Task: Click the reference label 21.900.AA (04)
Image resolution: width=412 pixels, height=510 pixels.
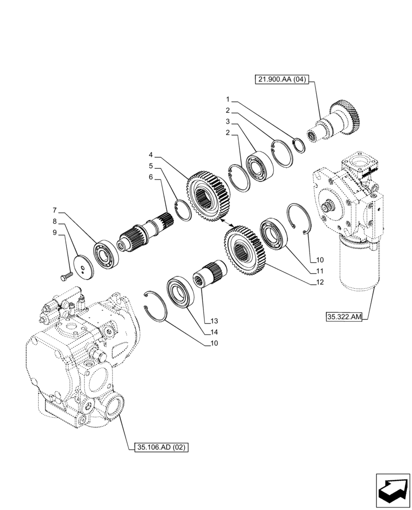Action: click(282, 80)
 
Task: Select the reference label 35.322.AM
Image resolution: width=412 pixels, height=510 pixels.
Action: click(344, 317)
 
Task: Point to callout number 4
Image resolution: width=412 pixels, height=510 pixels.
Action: click(151, 155)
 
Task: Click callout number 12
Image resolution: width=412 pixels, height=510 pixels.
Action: click(319, 282)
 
